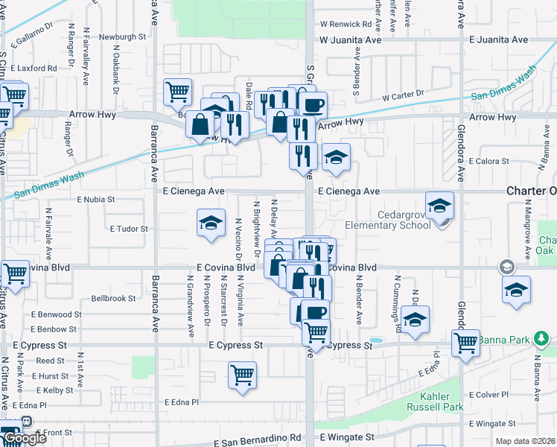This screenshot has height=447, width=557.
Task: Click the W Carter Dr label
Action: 403,95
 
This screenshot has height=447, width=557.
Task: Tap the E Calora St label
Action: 487,161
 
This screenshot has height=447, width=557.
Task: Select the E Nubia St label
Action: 96,200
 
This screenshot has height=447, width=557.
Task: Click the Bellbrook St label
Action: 113,298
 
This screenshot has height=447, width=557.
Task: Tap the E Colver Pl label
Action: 487,394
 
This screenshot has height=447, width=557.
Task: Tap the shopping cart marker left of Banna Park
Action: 465,343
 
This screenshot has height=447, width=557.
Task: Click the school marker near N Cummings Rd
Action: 416,318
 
